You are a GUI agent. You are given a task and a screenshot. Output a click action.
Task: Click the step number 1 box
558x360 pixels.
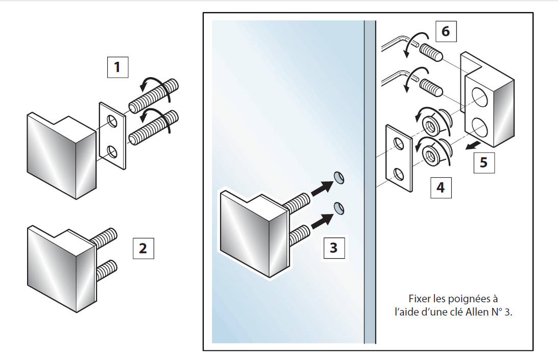(117, 67)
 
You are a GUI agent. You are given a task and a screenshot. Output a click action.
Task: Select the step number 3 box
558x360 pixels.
(333, 248)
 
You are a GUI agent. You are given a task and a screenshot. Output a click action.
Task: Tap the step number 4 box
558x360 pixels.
(441, 187)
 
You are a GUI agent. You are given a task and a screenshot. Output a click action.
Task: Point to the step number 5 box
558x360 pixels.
(483, 162)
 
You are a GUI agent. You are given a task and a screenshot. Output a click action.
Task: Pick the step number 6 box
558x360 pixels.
(446, 32)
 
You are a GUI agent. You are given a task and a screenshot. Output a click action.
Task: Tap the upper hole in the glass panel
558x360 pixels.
(338, 177)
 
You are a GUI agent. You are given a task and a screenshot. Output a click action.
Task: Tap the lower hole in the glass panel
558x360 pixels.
(338, 207)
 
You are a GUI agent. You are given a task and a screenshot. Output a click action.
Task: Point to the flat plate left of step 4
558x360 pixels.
(399, 158)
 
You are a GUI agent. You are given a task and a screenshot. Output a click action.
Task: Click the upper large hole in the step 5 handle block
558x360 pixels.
(479, 96)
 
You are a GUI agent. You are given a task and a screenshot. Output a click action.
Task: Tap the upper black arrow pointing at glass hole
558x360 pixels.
(320, 188)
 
